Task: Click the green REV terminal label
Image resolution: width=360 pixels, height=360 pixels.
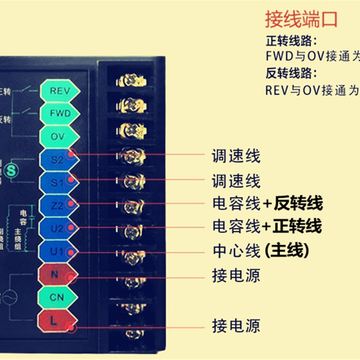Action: coord(60,91)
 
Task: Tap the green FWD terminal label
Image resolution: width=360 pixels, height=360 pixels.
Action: coord(60,113)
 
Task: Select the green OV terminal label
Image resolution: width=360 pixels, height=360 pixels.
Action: coord(58,136)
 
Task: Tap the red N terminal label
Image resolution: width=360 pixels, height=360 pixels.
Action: coord(55,274)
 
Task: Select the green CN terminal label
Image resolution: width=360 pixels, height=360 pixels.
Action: coord(57,297)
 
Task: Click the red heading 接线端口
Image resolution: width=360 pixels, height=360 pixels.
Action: coord(301,20)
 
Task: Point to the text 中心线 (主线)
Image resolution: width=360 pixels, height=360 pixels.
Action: coord(261,251)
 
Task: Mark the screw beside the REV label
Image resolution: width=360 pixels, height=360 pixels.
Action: coord(131,81)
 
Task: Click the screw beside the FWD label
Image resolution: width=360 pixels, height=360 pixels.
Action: coord(131,106)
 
